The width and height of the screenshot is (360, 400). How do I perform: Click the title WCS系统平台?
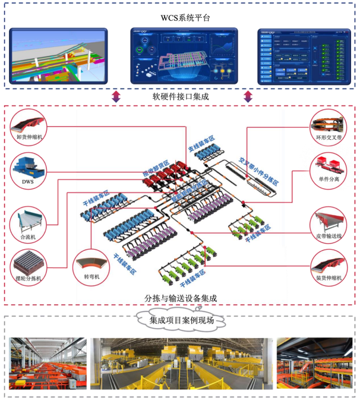(x=180, y=18)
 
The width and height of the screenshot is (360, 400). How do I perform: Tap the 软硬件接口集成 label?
(x=180, y=96)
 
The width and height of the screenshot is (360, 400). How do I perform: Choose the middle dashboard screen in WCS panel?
(x=179, y=55)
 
